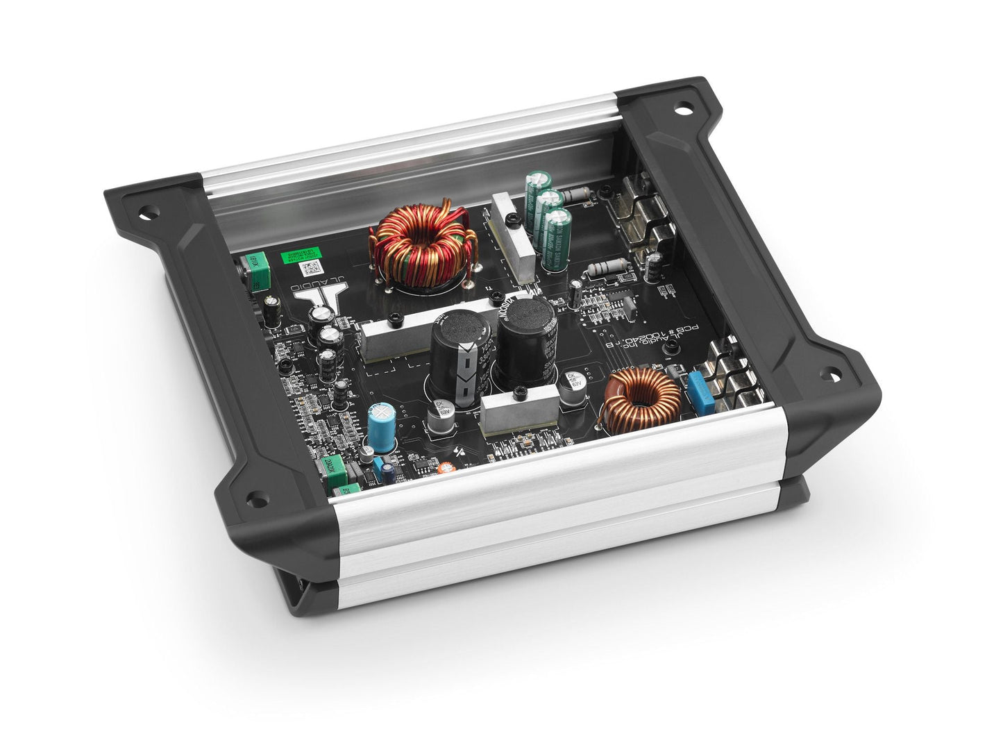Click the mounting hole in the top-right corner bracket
(x=684, y=109)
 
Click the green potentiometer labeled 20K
(x=330, y=466)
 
